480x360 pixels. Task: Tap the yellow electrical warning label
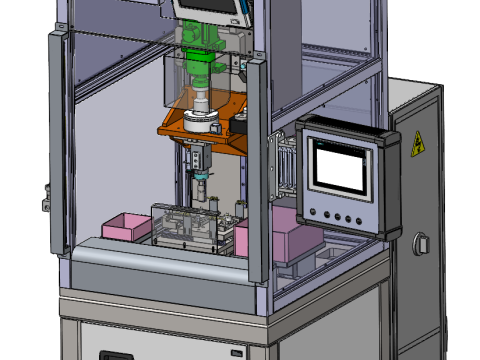418,144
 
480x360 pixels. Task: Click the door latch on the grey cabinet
422,243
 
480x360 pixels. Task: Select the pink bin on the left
126,226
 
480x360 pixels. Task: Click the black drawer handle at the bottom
115,355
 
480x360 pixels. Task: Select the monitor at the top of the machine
211,9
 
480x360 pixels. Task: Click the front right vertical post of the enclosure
256,170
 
